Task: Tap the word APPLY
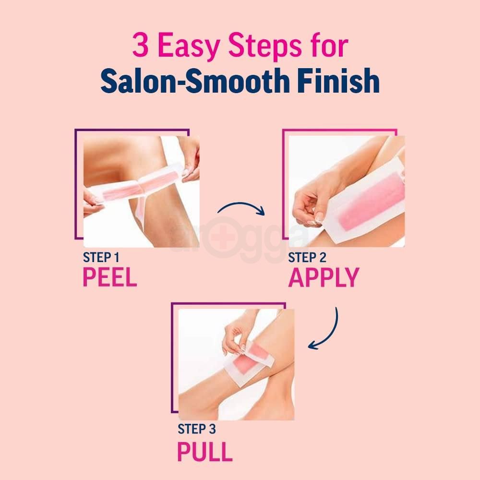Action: [324, 277]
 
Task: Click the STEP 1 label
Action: [102, 257]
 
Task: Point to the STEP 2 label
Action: [307, 257]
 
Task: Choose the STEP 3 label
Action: [197, 429]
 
